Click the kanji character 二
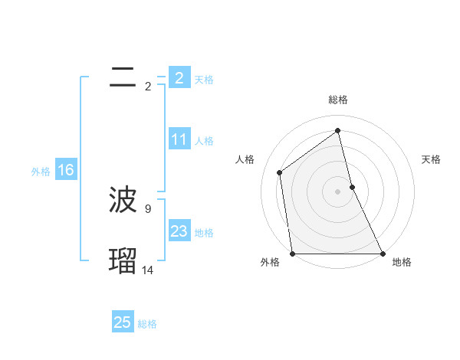coord(123,77)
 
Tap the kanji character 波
coord(123,201)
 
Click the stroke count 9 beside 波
coord(148,208)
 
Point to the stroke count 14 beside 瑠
coord(148,270)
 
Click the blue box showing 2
coord(179,78)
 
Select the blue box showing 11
coord(179,139)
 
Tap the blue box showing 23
coord(179,231)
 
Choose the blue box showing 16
coord(65,170)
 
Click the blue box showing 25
coord(123,322)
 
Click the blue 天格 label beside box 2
coord(204,80)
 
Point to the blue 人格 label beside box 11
coord(204,141)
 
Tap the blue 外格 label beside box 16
coord(41,172)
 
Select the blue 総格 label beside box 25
coord(147,324)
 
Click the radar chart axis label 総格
coord(338,100)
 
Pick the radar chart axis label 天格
coord(432,159)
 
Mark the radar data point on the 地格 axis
coord(382,254)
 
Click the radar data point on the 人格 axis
coord(280,172)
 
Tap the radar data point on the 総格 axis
coord(338,129)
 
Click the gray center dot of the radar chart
coord(338,191)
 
